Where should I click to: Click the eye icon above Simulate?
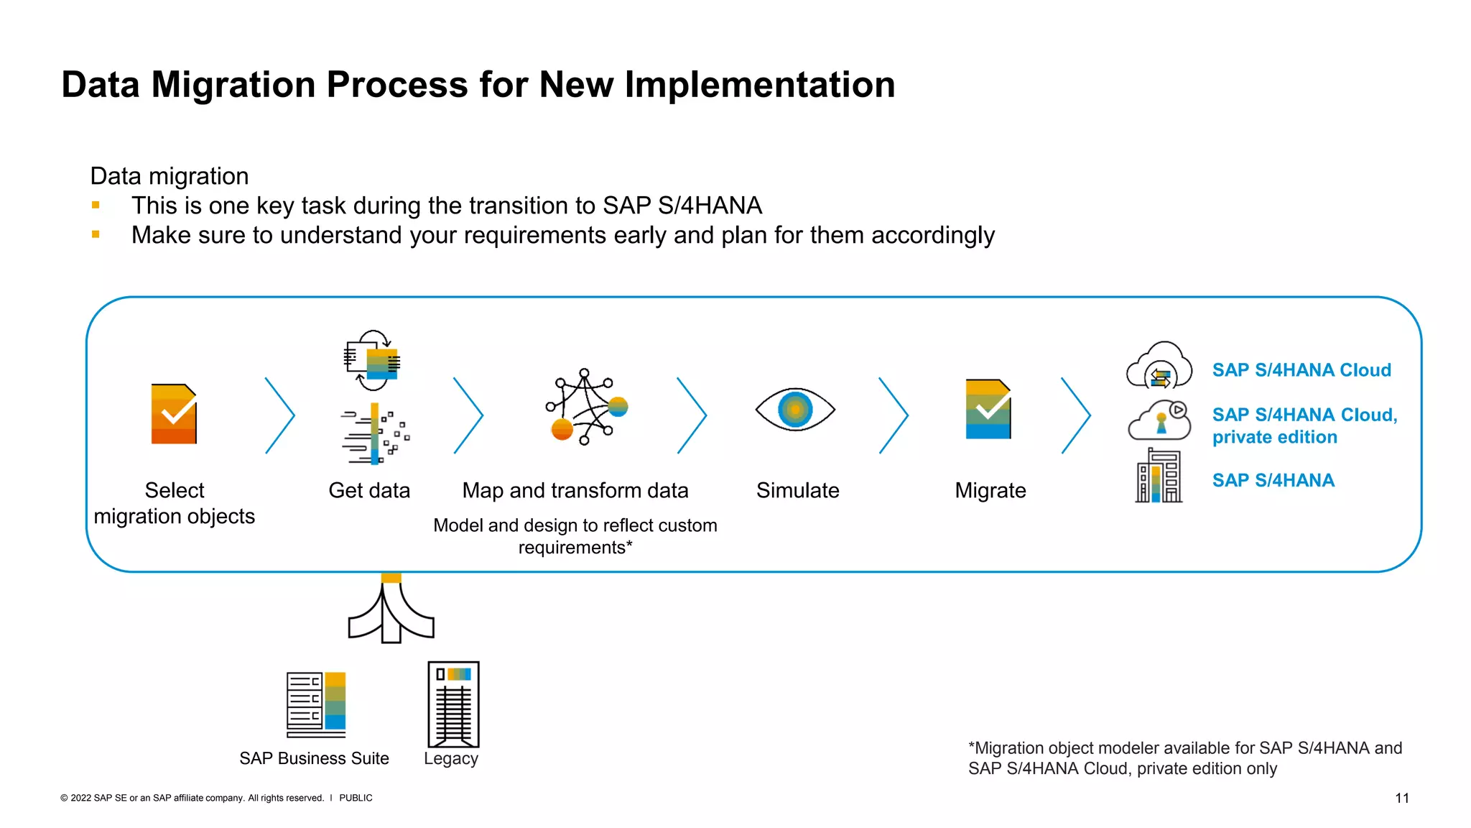click(x=794, y=410)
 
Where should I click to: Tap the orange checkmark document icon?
click(x=174, y=414)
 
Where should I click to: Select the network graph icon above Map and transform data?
click(x=585, y=407)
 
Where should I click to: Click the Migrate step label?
click(x=990, y=490)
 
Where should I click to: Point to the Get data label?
click(x=369, y=490)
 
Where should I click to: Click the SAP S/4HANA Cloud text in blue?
click(x=1301, y=370)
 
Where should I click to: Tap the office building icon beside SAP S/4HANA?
click(x=1159, y=476)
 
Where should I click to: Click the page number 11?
click(x=1401, y=798)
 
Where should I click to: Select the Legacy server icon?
click(x=453, y=704)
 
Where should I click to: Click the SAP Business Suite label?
click(x=314, y=758)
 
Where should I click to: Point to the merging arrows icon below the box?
click(x=391, y=611)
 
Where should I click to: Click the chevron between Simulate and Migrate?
click(x=894, y=415)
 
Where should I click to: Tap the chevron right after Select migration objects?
click(x=280, y=415)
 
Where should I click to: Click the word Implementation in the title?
click(x=760, y=85)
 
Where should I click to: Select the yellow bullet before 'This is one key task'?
click(x=96, y=206)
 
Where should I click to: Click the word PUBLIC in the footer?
click(x=356, y=798)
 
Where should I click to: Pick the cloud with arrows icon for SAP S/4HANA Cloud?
click(x=1159, y=367)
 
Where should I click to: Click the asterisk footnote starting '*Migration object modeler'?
click(x=1184, y=758)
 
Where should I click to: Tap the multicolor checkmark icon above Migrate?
click(x=988, y=409)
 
